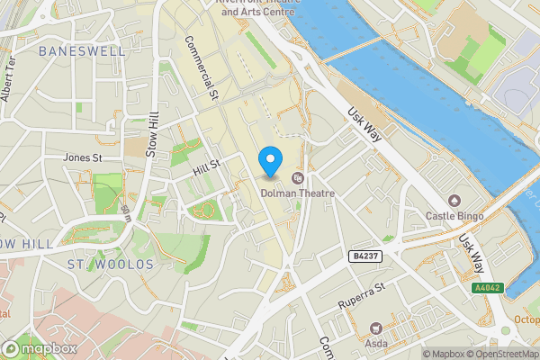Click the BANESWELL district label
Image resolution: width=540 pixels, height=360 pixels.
[82, 51]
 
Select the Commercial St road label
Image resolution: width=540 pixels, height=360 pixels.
[202, 67]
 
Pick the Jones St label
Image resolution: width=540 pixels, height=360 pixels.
[82, 157]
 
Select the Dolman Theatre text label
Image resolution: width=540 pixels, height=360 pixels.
[297, 192]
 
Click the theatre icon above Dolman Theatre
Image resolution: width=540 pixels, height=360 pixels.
[298, 177]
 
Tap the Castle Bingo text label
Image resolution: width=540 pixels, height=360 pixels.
[455, 216]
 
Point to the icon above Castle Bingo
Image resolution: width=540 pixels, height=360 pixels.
[455, 200]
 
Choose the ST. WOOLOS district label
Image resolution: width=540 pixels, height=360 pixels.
[110, 264]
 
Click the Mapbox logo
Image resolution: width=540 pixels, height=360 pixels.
[40, 348]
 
